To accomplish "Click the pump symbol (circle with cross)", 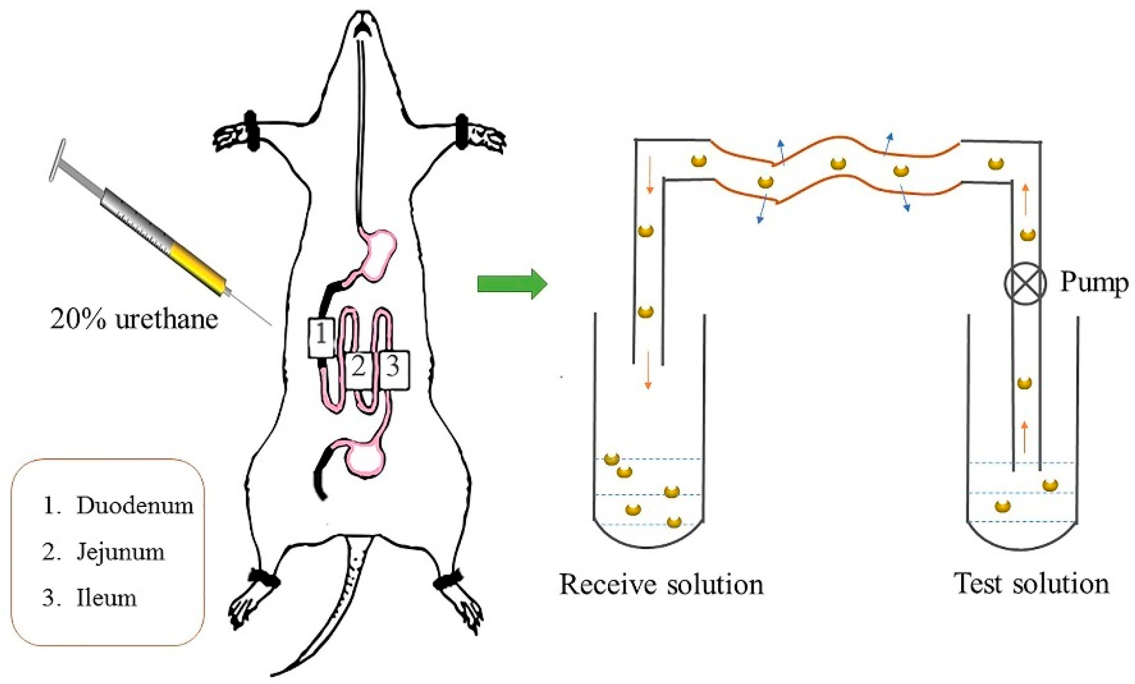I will pos(1025,283).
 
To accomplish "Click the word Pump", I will pos(1094,283).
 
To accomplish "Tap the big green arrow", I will pos(511,284).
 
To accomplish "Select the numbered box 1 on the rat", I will pos(321,337).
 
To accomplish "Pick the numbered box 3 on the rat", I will pos(393,370).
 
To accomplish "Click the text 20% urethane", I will pos(134,320).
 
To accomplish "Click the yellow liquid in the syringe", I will pos(197,268).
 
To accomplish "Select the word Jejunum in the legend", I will pos(120,552).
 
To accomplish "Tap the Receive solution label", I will pos(661,585).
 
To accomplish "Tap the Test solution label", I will pos(1031,584).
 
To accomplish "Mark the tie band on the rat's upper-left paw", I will pos(251,131).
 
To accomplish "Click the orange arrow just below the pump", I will pos(1024,436).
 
